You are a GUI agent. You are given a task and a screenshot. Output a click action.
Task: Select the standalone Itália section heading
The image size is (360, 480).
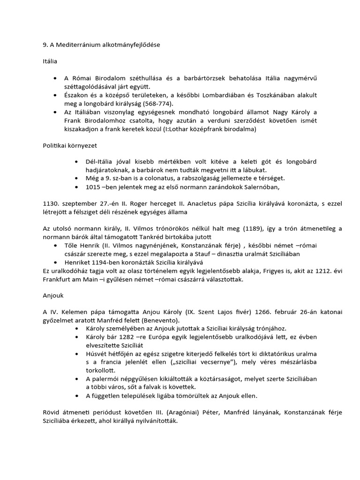point(51,61)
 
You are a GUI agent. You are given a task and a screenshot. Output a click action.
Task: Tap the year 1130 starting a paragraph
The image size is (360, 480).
point(50,204)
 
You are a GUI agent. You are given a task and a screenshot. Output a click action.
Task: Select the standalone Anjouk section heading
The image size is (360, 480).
point(53,296)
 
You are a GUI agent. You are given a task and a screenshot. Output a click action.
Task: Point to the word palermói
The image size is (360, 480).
point(102,379)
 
